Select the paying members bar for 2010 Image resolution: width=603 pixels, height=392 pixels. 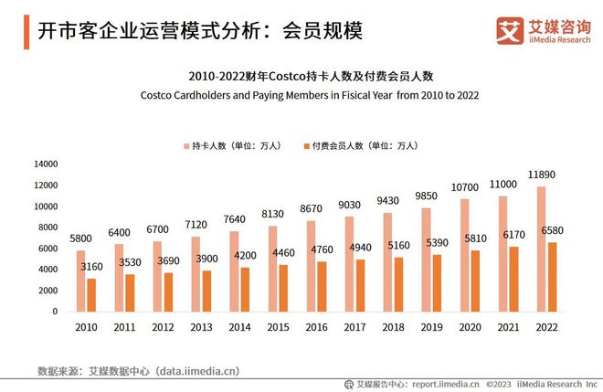coord(91,294)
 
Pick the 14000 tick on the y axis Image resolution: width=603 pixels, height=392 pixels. coord(46,164)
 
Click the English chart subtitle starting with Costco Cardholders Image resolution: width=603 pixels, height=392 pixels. coord(310,95)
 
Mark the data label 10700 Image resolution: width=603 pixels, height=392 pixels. coord(464,187)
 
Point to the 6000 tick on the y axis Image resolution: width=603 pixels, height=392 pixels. coord(48,249)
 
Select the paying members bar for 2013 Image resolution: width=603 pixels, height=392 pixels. coord(207,291)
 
